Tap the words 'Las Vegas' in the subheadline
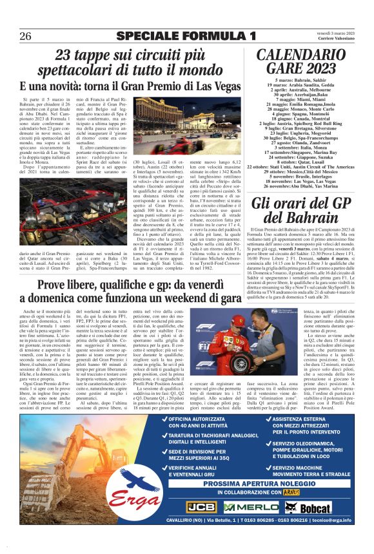[x=213, y=86]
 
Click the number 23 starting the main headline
[x=63, y=55]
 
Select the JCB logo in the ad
[x=200, y=506]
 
